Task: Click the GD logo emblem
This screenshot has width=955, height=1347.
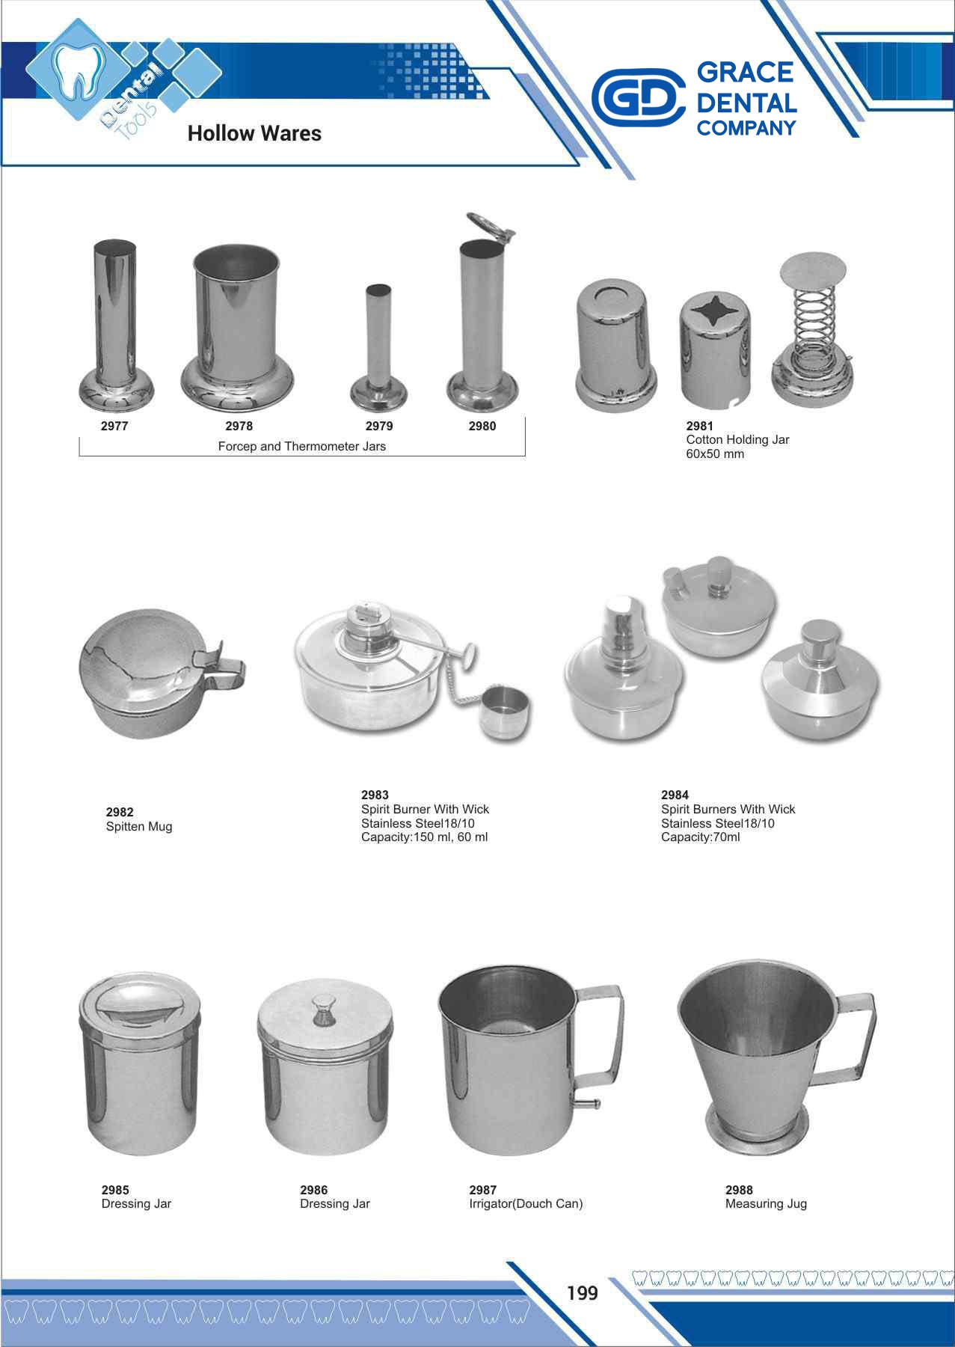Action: coord(638,97)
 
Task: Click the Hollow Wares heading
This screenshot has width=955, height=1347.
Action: coord(254,133)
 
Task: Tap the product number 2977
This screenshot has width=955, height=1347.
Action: coord(114,426)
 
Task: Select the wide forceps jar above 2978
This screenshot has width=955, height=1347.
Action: coord(237,326)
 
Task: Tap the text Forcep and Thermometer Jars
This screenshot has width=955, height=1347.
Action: coord(302,446)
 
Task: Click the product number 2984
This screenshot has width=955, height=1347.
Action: coord(675,795)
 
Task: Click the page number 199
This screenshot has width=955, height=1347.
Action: coord(583,1292)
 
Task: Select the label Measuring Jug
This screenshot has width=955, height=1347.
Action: coord(766,1204)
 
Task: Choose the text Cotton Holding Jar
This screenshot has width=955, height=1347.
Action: coord(737,440)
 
